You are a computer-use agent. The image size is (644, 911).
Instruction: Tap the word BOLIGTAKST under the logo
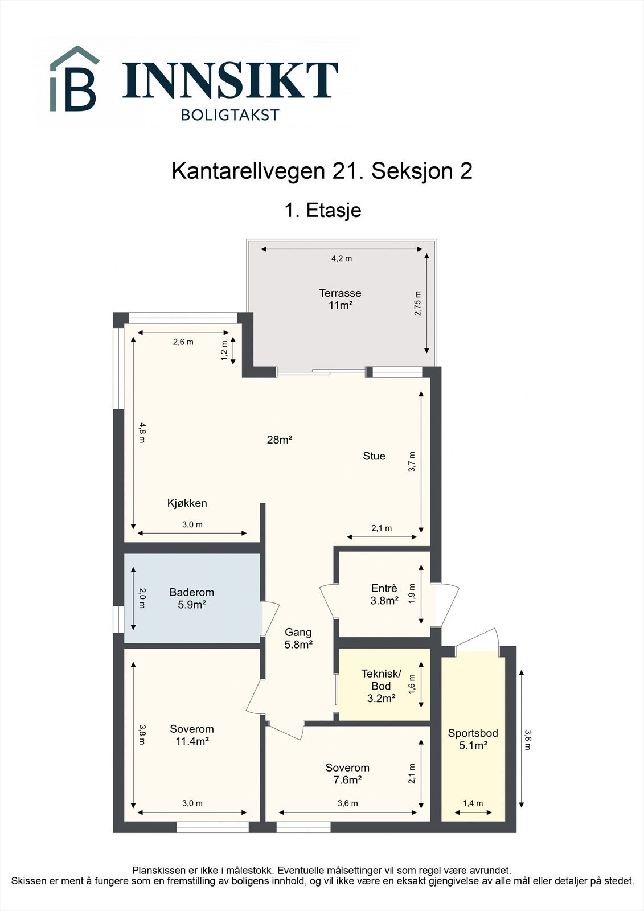coord(230,115)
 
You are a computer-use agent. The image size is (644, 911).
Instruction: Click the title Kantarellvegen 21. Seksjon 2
coord(322,171)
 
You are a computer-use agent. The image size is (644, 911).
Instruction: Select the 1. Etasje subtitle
coord(322,210)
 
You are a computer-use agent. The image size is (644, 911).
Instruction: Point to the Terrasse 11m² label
coord(340,299)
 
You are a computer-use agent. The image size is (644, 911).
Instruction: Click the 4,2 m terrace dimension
coord(342,258)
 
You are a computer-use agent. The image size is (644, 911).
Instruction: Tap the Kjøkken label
coord(187,503)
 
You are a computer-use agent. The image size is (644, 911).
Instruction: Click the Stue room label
coord(374,456)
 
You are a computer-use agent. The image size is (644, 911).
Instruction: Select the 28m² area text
coord(279,440)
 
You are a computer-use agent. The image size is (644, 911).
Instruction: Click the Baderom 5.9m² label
coord(192,598)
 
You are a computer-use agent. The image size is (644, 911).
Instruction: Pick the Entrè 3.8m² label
coord(384,594)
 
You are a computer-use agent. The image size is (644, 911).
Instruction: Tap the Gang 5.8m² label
coord(298,638)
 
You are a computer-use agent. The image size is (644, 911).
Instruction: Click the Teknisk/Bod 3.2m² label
coord(381,686)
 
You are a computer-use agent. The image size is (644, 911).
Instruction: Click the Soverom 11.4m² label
coord(192,735)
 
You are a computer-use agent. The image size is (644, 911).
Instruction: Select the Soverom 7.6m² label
coord(347,774)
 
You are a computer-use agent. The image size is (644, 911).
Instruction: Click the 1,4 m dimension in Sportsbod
coord(473,803)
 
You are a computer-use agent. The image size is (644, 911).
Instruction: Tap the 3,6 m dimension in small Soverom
coord(347,803)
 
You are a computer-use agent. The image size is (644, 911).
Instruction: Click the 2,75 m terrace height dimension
coord(418,303)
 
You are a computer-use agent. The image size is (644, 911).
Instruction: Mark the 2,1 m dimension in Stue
coord(382,528)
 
